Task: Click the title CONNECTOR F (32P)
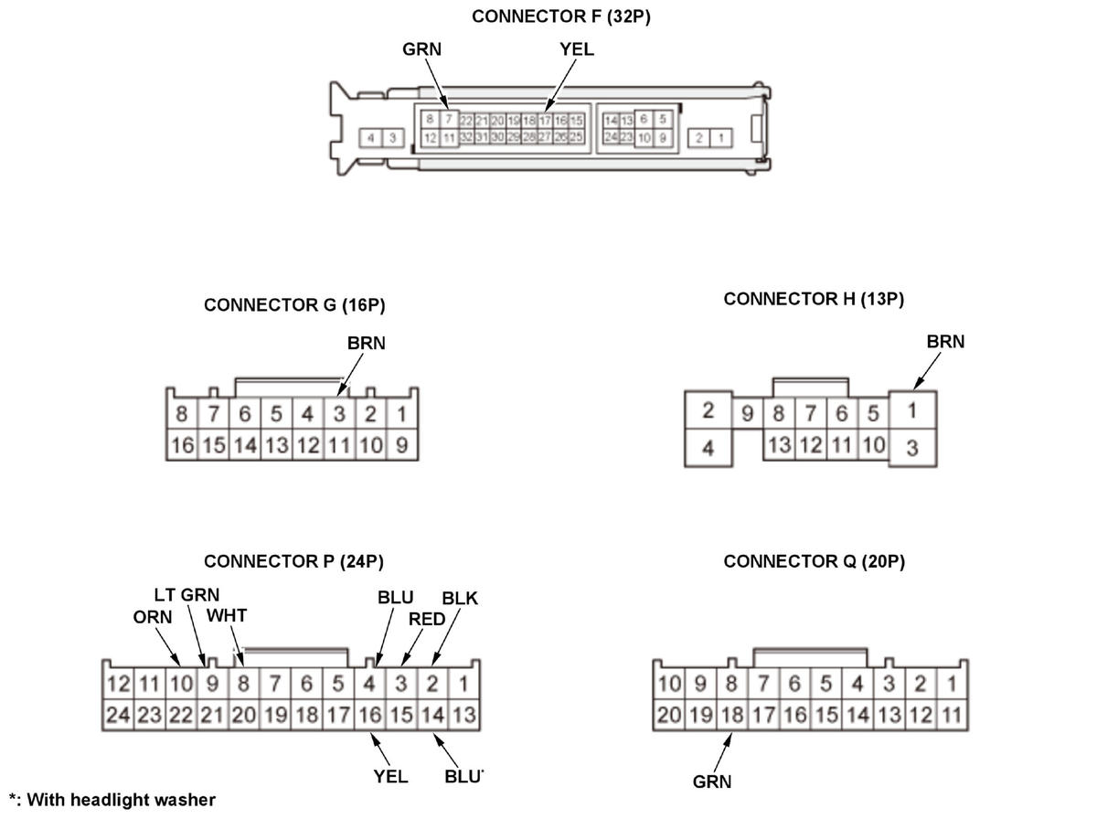click(561, 16)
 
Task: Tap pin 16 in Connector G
click(182, 445)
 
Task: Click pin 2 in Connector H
click(708, 410)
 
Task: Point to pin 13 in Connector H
click(780, 445)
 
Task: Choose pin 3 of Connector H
click(911, 449)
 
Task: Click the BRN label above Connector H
click(945, 342)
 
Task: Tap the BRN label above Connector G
click(367, 344)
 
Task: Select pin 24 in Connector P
click(118, 715)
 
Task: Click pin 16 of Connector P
click(369, 715)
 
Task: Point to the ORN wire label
click(152, 616)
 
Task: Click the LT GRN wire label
click(186, 595)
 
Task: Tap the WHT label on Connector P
click(226, 615)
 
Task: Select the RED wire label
click(427, 619)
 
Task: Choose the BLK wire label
click(460, 599)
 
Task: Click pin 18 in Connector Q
click(731, 715)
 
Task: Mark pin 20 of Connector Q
click(669, 715)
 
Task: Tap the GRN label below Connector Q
click(712, 782)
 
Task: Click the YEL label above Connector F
click(577, 49)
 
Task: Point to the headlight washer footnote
click(112, 801)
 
